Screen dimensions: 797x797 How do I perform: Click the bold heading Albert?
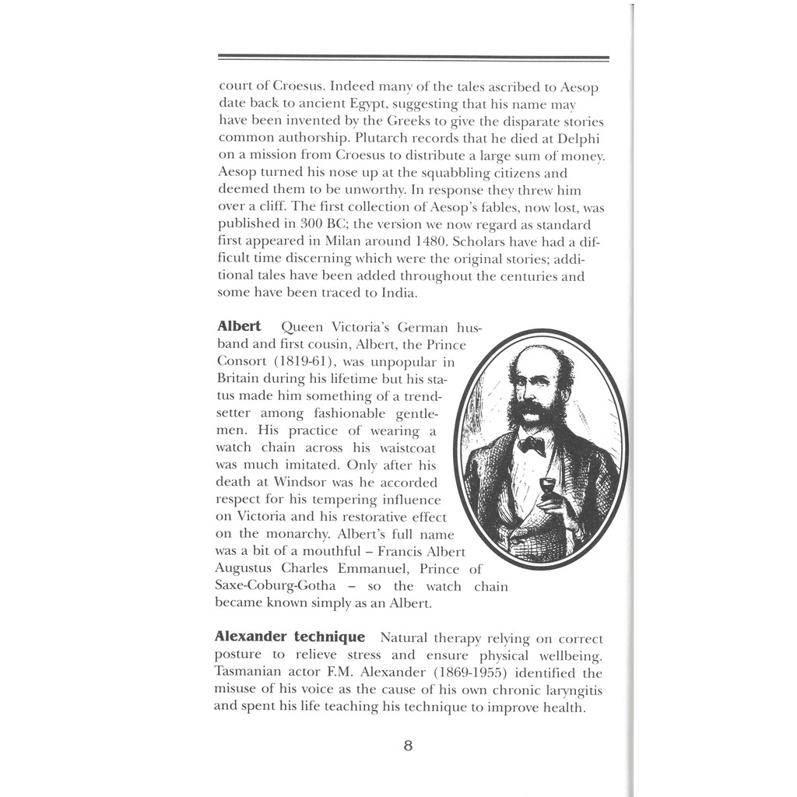[239, 326]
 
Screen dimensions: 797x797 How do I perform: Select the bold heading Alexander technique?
[290, 637]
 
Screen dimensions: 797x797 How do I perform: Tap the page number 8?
[408, 746]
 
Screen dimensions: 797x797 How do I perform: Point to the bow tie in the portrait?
[532, 444]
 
